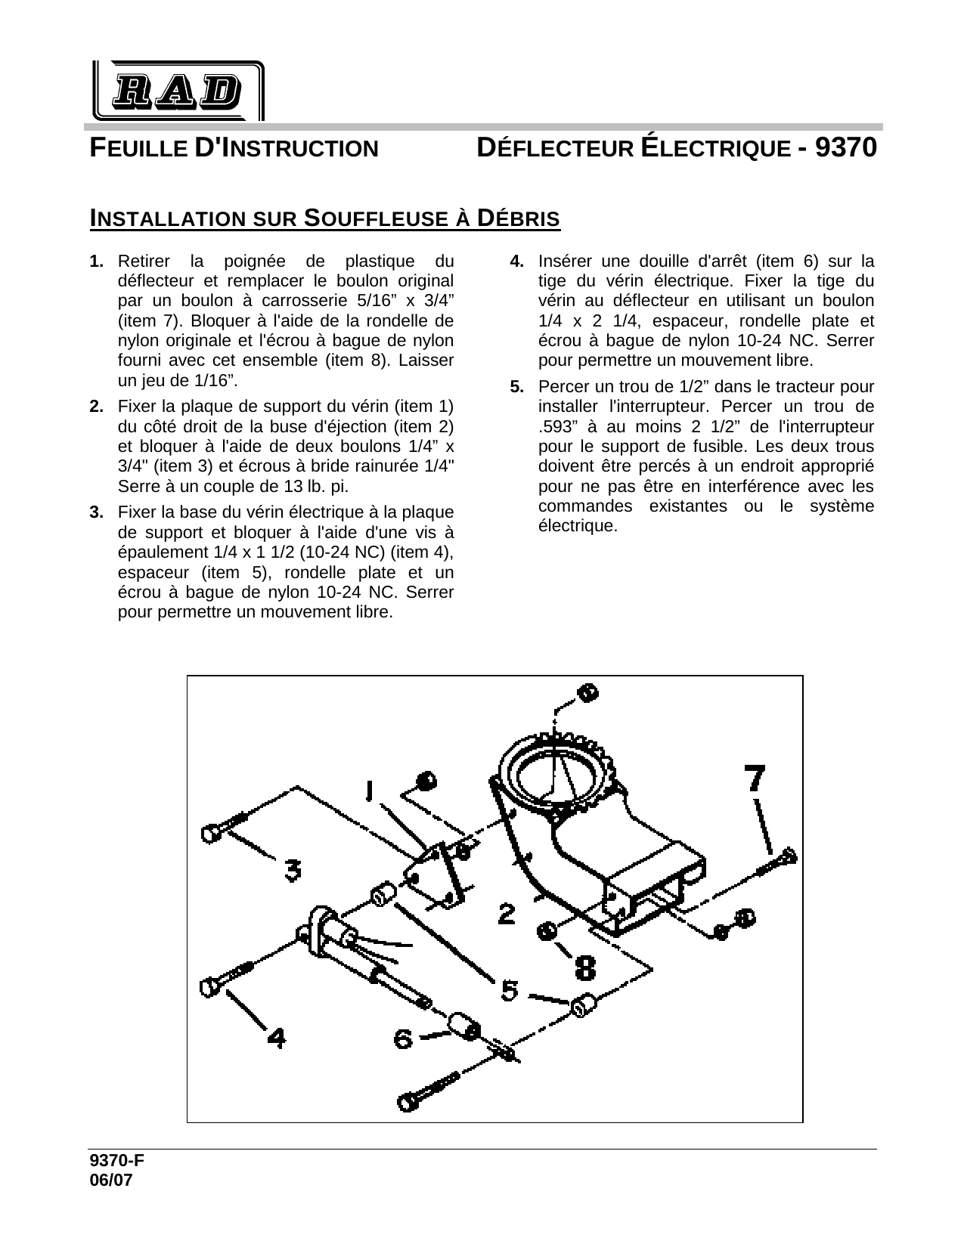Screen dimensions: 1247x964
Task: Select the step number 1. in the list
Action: [96, 261]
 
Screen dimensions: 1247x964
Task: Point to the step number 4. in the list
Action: [517, 261]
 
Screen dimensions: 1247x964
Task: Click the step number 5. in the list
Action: [517, 388]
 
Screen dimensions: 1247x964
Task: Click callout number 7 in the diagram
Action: [755, 779]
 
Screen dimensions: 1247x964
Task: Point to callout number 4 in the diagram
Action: [277, 1038]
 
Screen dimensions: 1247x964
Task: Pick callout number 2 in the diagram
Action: [507, 915]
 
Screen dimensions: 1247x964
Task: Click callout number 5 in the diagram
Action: [510, 989]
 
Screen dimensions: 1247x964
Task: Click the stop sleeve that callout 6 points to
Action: [463, 1026]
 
